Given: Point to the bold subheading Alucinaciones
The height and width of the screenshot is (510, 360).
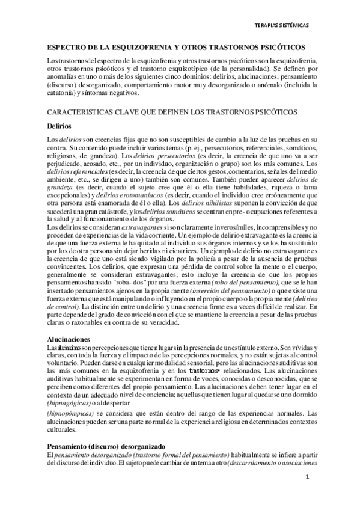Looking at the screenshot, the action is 71,339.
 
